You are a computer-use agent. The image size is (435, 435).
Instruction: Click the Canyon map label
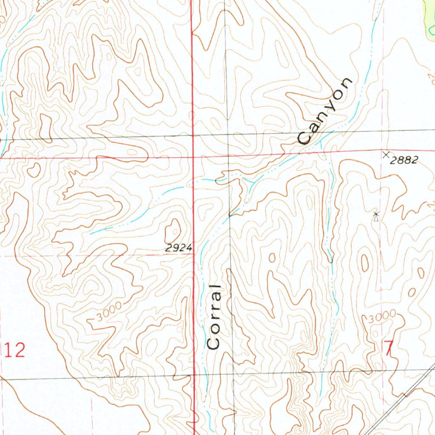pyautogui.click(x=325, y=111)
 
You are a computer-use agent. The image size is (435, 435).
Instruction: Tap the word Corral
pyautogui.click(x=215, y=316)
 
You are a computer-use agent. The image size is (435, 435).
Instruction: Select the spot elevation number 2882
pyautogui.click(x=405, y=160)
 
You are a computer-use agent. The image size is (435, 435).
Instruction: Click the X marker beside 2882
pyautogui.click(x=386, y=154)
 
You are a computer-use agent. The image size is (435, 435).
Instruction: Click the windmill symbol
pyautogui.click(x=376, y=216)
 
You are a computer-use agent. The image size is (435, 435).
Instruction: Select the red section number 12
pyautogui.click(x=15, y=351)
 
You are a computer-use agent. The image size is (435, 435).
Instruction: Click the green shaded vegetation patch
pyautogui.click(x=430, y=17)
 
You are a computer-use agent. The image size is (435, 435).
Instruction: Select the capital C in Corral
pyautogui.click(x=214, y=342)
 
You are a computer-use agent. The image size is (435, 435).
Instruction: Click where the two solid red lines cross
pyautogui.click(x=194, y=157)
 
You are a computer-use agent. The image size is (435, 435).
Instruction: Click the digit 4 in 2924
pyautogui.click(x=189, y=249)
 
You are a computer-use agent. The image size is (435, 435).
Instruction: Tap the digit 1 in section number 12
pyautogui.click(x=9, y=351)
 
